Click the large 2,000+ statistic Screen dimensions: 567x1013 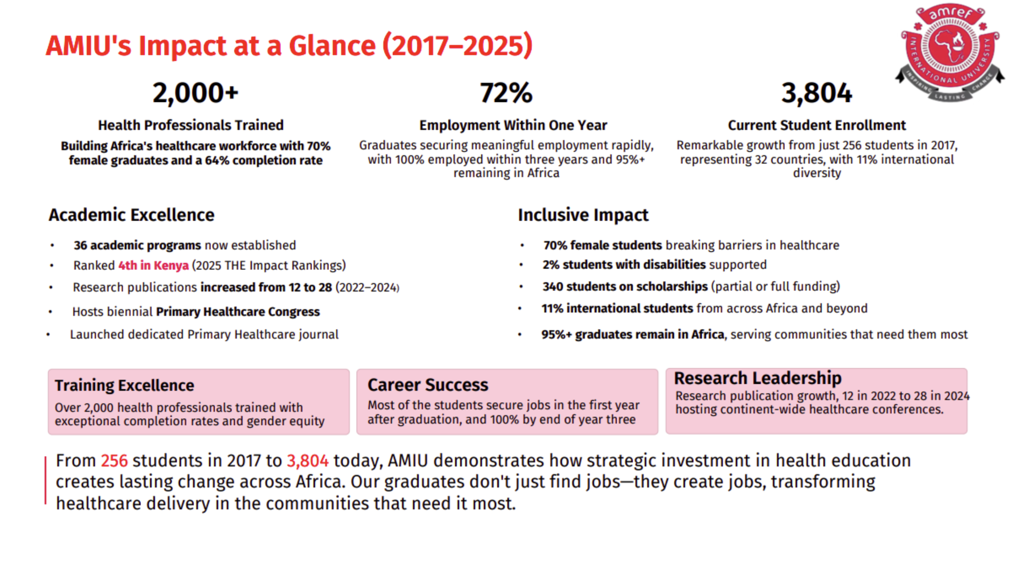(x=195, y=93)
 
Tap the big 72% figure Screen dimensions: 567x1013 (x=506, y=93)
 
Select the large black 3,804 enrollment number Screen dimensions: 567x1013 (x=816, y=93)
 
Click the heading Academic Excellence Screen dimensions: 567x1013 (x=131, y=215)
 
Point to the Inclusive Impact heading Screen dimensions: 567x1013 (x=583, y=215)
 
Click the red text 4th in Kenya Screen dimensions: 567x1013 (x=153, y=266)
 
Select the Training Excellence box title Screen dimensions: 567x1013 (x=124, y=385)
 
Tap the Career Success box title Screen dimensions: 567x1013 (x=427, y=385)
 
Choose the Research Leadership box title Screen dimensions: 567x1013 (x=757, y=378)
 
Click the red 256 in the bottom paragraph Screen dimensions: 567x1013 (x=114, y=461)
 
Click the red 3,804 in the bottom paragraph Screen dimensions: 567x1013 (x=308, y=461)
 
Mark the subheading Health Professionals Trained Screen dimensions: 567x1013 (x=191, y=125)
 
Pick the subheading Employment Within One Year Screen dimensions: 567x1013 (x=513, y=125)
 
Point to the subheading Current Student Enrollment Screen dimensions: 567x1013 (x=816, y=125)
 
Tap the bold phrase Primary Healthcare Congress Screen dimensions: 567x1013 (x=238, y=312)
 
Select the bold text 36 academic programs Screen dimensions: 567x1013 (x=137, y=245)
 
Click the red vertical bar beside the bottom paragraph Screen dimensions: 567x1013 (x=46, y=480)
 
